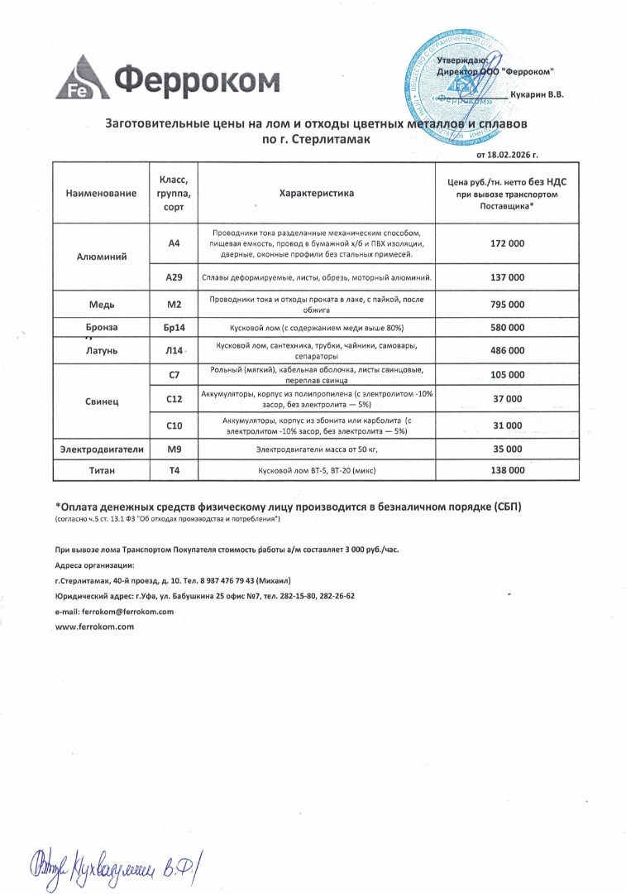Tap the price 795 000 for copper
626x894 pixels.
coord(507,304)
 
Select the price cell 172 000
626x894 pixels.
coord(507,245)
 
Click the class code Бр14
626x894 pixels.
coord(174,328)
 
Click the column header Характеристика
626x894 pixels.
coord(317,193)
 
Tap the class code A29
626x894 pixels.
coord(174,277)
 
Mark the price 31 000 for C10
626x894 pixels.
coord(507,425)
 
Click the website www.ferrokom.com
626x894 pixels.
coord(94,627)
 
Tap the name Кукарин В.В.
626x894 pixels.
coord(537,95)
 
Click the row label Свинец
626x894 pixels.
coord(102,401)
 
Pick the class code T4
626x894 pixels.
coord(174,470)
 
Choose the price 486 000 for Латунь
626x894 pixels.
coord(507,350)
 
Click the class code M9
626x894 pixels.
coord(174,449)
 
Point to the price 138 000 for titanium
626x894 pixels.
coord(507,470)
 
